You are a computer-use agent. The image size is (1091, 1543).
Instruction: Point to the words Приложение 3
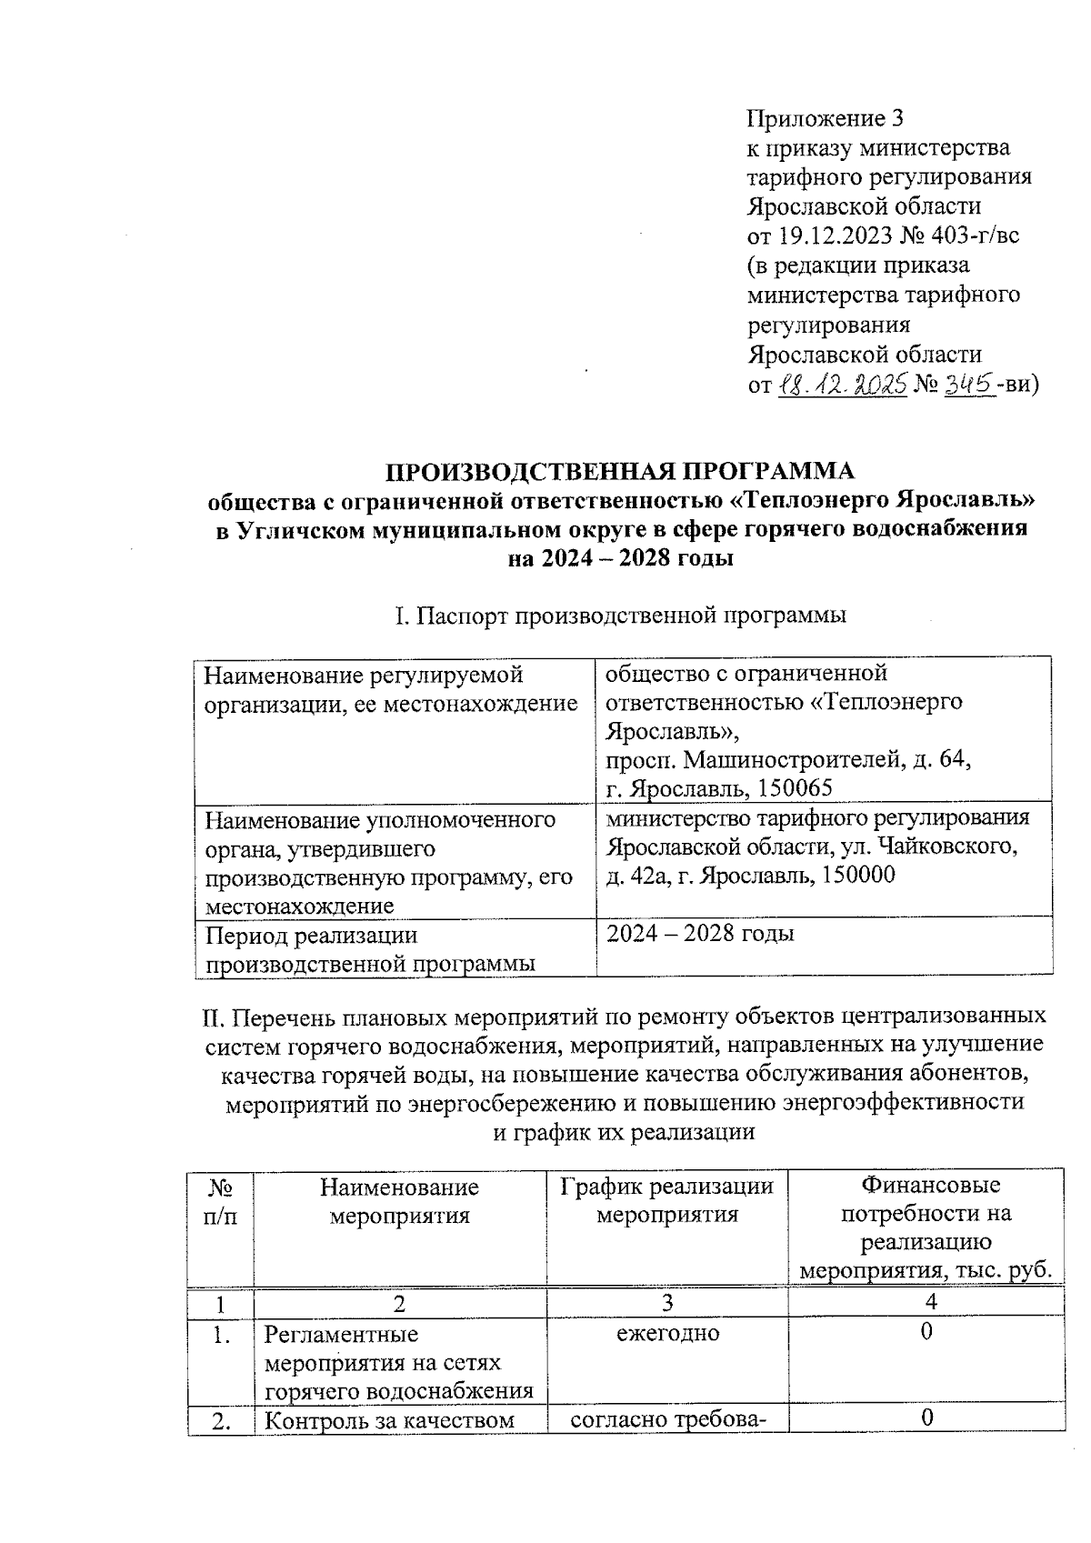pos(826,118)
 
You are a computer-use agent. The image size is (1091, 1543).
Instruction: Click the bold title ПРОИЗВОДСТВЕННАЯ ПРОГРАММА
pos(622,471)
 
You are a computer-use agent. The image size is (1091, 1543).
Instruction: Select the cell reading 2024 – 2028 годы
pos(700,934)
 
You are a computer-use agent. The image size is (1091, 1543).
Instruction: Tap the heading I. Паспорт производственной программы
pos(622,616)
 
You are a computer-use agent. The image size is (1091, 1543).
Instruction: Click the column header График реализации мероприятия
pos(666,1199)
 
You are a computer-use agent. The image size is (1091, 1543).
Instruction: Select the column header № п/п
pos(219,1199)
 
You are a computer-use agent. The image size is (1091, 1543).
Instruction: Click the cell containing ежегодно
pos(666,1333)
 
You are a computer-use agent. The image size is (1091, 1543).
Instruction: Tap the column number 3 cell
pos(666,1302)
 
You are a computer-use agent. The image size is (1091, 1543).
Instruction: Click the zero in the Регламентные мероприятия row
pos(926,1333)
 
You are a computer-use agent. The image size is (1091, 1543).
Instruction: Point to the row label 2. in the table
pos(219,1420)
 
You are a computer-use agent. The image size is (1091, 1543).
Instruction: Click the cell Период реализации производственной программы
pos(370,948)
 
